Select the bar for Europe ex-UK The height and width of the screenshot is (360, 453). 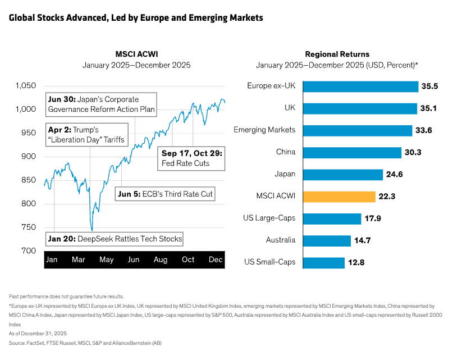[360, 86]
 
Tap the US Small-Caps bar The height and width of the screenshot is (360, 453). [323, 262]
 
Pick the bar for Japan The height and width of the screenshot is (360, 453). [342, 174]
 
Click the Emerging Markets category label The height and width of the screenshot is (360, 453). [264, 130]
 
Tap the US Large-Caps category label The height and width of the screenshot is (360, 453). [269, 218]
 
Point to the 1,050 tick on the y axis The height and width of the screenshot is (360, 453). [26, 86]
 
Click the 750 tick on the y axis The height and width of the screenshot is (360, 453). [29, 227]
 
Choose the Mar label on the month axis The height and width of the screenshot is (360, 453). [79, 259]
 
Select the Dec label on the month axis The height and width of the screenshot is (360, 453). [216, 259]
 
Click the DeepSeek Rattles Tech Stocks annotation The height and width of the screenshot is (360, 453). [115, 239]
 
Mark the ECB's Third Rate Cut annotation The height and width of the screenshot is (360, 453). [166, 194]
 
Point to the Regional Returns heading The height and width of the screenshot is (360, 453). [337, 54]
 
